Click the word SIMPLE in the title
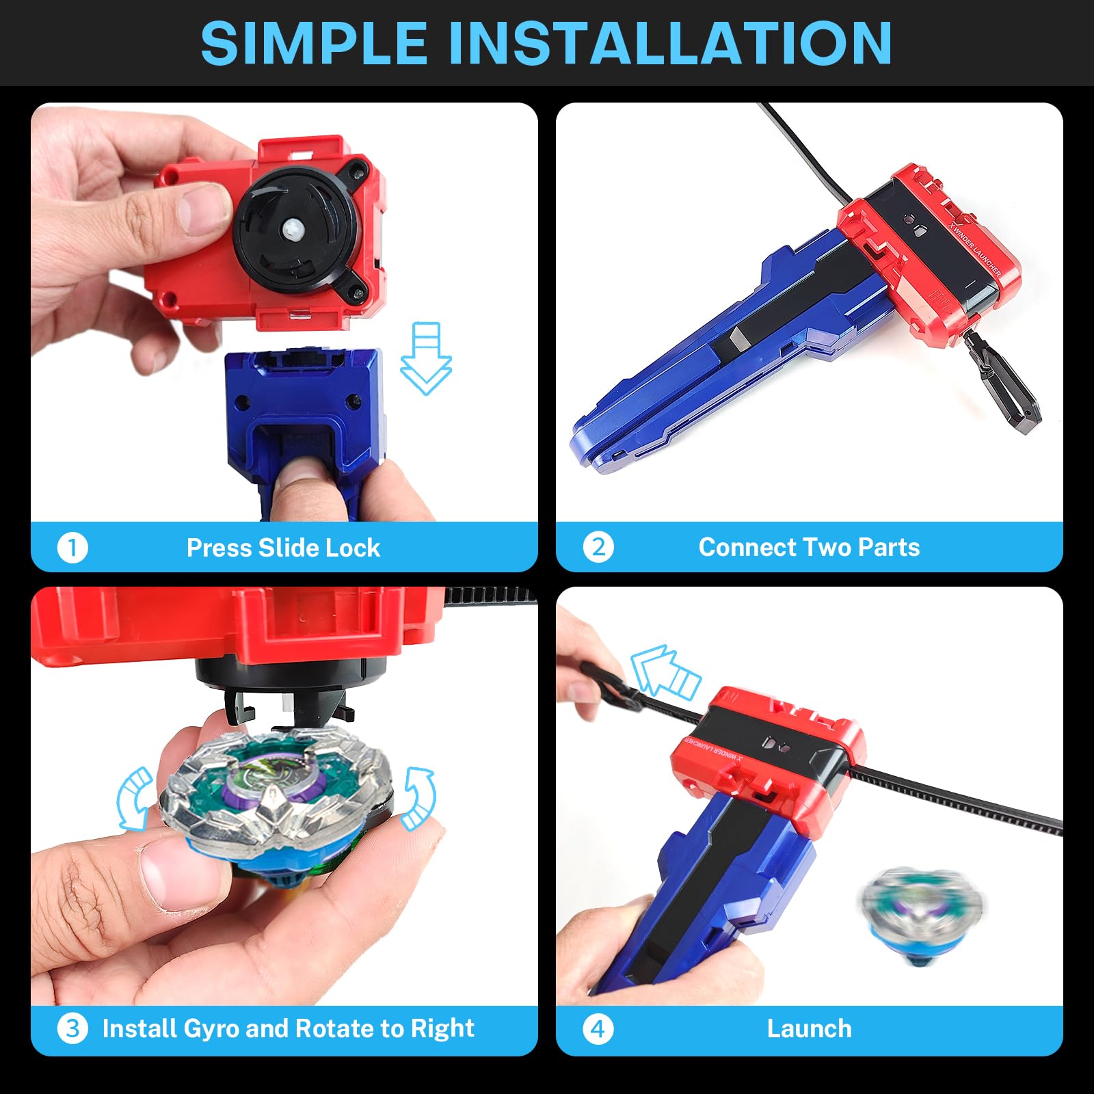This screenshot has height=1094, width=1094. point(314,43)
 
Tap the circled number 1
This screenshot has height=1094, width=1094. point(72,548)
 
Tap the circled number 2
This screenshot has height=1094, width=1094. point(598,547)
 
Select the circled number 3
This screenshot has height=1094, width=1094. point(72,1028)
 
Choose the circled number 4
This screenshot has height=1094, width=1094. point(598,1028)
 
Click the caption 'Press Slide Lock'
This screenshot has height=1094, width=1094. point(283,548)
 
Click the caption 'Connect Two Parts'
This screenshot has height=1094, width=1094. point(809,547)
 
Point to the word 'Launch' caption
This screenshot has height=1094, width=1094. point(810,1028)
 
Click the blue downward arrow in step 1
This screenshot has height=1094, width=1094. point(426,358)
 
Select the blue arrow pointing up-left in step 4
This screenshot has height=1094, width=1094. point(663,671)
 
